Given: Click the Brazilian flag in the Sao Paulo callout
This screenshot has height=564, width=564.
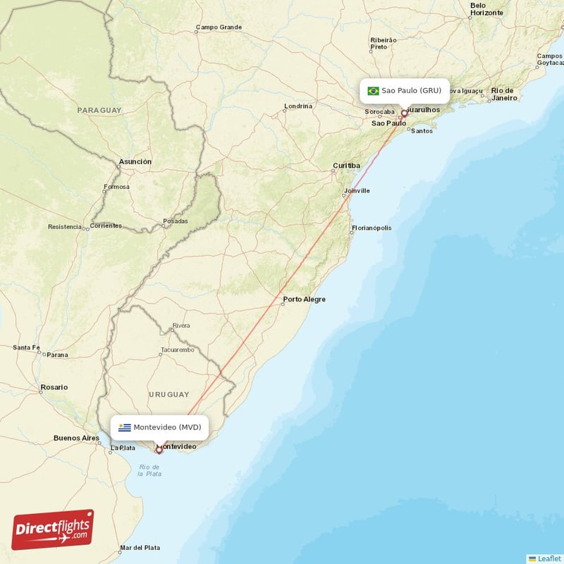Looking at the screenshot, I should coord(373,91).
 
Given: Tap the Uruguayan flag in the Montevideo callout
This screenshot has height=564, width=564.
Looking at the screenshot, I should coord(125,427).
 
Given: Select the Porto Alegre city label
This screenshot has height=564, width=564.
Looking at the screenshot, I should coord(305,300).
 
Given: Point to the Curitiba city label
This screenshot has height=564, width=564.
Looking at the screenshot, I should coord(347,166).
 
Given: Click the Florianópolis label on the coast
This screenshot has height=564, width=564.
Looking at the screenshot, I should coord(372,228).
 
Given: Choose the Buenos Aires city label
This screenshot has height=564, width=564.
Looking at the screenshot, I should coord(76,438).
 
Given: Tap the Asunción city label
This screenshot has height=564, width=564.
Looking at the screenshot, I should coord(135,161).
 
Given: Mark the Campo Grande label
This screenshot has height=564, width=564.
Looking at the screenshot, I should coord(219,27).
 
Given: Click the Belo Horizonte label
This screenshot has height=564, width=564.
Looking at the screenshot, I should coord(486,9).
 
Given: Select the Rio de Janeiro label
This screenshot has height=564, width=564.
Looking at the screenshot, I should coord(505,94).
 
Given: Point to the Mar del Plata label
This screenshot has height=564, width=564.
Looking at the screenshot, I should coord(140,548).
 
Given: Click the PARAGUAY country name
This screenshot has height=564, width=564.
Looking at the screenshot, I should coord(99,111).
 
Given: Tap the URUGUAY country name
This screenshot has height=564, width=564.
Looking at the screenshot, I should coord(168,394).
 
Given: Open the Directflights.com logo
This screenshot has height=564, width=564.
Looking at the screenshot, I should coord(53,530).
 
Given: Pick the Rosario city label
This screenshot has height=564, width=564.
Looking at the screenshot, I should coord(54,387).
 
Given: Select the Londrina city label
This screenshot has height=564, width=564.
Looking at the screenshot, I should coord(298,106).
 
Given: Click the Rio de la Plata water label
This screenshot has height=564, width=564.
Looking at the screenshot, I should coord(149,470).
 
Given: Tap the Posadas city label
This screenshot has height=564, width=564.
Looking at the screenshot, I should coord(176,221).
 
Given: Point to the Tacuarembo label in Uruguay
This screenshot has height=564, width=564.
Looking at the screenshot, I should coord(177,350).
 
